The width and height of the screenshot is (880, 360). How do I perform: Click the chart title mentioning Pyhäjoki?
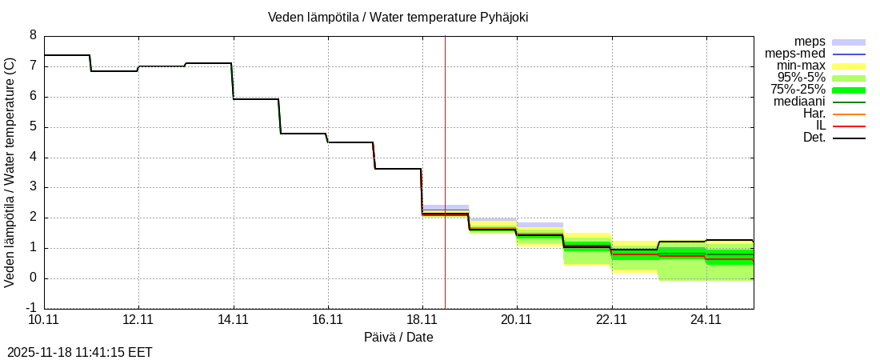coord(398,17)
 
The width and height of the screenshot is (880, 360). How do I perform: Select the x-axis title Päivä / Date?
coord(398,337)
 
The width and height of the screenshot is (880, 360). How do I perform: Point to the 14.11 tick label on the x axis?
coord(233,320)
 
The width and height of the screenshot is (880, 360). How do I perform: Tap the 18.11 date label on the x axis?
coord(422,320)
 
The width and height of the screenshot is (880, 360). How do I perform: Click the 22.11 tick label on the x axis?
coord(611,320)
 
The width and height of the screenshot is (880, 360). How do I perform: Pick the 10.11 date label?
coord(44,320)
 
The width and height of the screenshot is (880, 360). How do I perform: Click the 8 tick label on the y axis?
coord(33,35)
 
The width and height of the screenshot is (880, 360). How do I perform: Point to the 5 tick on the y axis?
coord(33,126)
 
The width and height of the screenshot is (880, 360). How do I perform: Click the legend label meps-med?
coord(795,54)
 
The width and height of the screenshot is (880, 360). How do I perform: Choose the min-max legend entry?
coord(802,66)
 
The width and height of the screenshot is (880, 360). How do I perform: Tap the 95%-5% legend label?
coord(802,78)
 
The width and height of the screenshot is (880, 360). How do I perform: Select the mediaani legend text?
coord(799,102)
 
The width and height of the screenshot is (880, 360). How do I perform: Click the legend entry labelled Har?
coord(814,114)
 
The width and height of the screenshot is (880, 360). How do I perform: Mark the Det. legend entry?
coord(814,138)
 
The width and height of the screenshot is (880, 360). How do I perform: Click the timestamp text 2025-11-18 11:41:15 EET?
coord(79,352)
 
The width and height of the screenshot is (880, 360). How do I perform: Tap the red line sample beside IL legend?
coord(849,126)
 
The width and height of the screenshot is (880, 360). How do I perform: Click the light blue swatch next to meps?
coord(849,42)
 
